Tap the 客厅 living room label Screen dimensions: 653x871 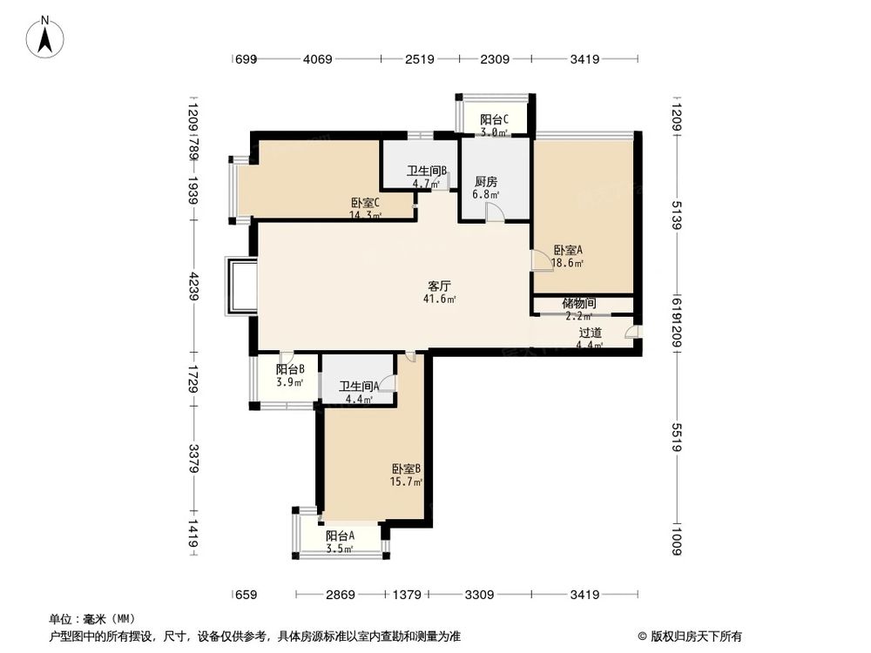[439, 286]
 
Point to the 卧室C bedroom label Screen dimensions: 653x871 [366, 203]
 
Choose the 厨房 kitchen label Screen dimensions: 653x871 [486, 182]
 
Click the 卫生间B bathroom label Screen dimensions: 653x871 [427, 172]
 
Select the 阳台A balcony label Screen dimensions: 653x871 [340, 536]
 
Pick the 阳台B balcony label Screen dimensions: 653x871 [290, 369]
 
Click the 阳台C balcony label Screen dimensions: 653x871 [494, 120]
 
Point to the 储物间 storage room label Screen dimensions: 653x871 [578, 304]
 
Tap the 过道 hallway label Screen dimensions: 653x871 [590, 333]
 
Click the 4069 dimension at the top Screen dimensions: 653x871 [317, 60]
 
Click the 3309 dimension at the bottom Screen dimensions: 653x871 [479, 595]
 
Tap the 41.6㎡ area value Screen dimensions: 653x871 [439, 299]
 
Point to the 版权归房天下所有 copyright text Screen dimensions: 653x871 [691, 636]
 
